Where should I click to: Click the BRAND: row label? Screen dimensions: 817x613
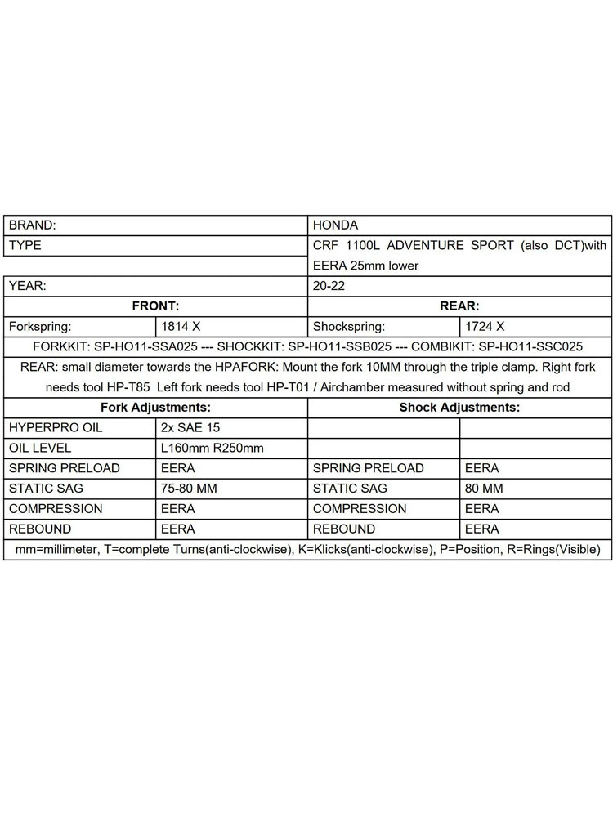(x=32, y=225)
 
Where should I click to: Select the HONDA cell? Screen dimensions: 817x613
(x=335, y=225)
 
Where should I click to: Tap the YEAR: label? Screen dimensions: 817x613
(x=28, y=286)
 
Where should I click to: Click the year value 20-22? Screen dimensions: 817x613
(x=329, y=286)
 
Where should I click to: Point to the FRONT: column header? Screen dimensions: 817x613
(x=155, y=306)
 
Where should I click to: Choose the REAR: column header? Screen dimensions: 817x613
(x=459, y=306)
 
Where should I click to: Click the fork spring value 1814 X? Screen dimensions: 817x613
(x=181, y=326)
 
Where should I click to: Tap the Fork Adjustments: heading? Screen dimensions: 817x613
(x=155, y=407)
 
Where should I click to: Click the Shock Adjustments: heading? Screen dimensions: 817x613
(x=459, y=407)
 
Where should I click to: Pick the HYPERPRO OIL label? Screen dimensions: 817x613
(x=56, y=427)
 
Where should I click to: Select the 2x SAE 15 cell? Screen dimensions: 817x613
(x=190, y=427)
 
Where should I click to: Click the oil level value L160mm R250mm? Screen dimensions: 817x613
(x=212, y=448)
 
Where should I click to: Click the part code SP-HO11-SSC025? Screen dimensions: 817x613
(x=530, y=346)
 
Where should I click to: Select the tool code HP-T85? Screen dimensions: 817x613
(x=128, y=386)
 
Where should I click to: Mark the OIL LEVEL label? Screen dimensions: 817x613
(x=40, y=448)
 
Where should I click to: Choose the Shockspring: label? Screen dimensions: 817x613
(x=348, y=326)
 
